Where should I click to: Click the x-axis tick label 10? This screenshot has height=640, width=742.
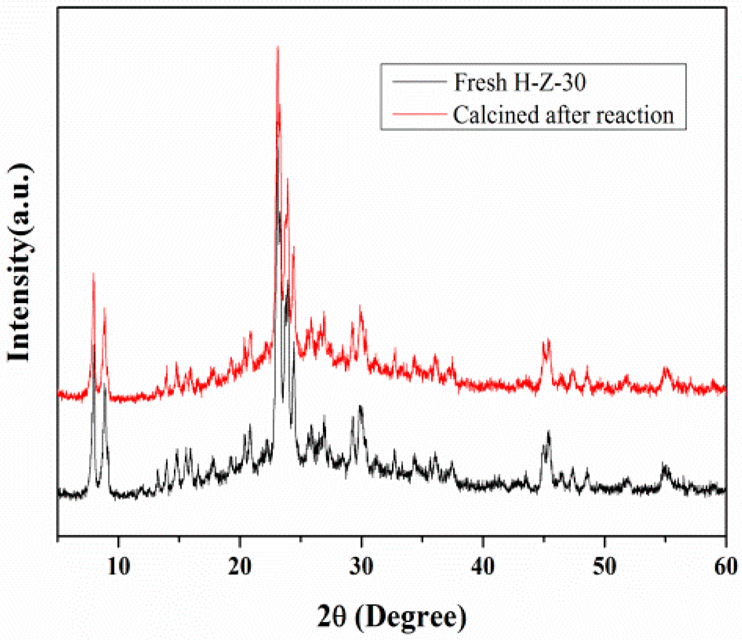pyautogui.click(x=119, y=566)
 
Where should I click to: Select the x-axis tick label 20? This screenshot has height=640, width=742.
pyautogui.click(x=240, y=566)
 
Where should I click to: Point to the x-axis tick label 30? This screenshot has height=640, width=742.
pyautogui.click(x=362, y=566)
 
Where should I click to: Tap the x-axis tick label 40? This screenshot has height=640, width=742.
pyautogui.click(x=483, y=566)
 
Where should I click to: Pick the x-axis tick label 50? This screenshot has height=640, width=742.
pyautogui.click(x=604, y=566)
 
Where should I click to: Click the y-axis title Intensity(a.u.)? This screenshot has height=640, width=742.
pyautogui.click(x=20, y=263)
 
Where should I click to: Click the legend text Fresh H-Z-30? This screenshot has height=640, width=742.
pyautogui.click(x=520, y=82)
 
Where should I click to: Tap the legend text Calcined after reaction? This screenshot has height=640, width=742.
pyautogui.click(x=563, y=115)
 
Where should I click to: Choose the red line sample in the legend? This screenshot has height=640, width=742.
pyautogui.click(x=419, y=113)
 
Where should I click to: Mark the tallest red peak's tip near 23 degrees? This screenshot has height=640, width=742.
pyautogui.click(x=277, y=46)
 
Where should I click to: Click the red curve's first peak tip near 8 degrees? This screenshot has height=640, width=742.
pyautogui.click(x=94, y=274)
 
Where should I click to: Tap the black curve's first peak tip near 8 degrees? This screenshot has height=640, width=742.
pyautogui.click(x=94, y=345)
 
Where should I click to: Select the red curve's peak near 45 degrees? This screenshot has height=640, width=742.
pyautogui.click(x=548, y=340)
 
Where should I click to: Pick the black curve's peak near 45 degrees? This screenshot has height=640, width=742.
pyautogui.click(x=548, y=432)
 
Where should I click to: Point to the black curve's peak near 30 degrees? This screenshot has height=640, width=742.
pyautogui.click(x=360, y=406)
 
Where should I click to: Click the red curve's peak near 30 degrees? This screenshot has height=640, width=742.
pyautogui.click(x=360, y=306)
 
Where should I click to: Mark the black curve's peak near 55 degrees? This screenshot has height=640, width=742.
pyautogui.click(x=664, y=464)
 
